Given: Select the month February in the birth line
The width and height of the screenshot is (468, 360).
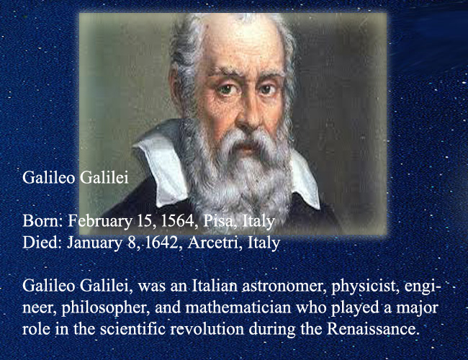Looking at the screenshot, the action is (x=100, y=222).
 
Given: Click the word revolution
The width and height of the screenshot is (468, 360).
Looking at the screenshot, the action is (x=207, y=329).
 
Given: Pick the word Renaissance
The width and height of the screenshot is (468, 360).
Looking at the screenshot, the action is (x=372, y=329).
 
